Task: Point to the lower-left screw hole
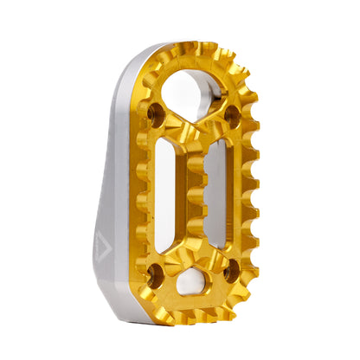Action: [155, 277]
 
